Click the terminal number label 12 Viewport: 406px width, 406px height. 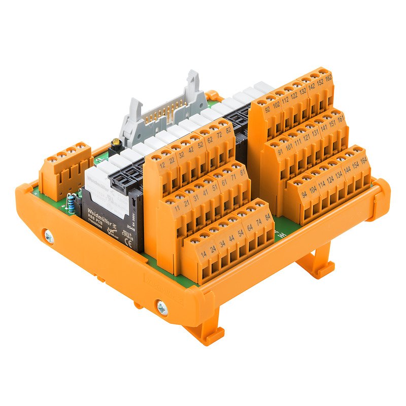click(x=162, y=166)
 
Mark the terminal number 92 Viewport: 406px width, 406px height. click(x=267, y=108)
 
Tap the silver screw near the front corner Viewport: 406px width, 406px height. click(x=161, y=307)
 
